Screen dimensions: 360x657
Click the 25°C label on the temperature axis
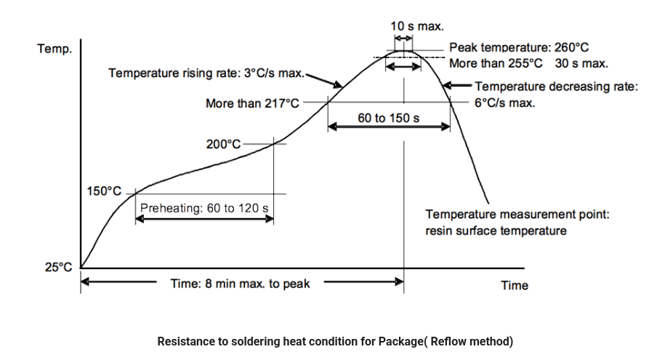pos(59,267)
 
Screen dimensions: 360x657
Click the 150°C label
pos(104,191)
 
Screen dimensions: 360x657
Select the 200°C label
pos(223,144)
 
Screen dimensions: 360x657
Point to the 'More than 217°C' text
pos(252,104)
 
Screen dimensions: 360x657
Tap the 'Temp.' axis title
pos(55,49)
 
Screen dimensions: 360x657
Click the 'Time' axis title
pos(515,285)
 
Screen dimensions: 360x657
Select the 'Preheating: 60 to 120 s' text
pos(204,208)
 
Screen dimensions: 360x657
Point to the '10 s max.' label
pos(416,26)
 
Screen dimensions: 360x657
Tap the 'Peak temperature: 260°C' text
pos(519,47)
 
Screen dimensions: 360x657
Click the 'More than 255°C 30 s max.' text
pos(528,63)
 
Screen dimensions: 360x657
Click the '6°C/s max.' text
pos(504,103)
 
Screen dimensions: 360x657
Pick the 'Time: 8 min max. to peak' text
pos(240,284)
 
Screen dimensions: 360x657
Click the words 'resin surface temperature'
pos(496,231)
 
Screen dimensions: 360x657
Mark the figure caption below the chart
pos(335,341)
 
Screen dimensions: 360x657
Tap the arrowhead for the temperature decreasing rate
pos(447,86)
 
